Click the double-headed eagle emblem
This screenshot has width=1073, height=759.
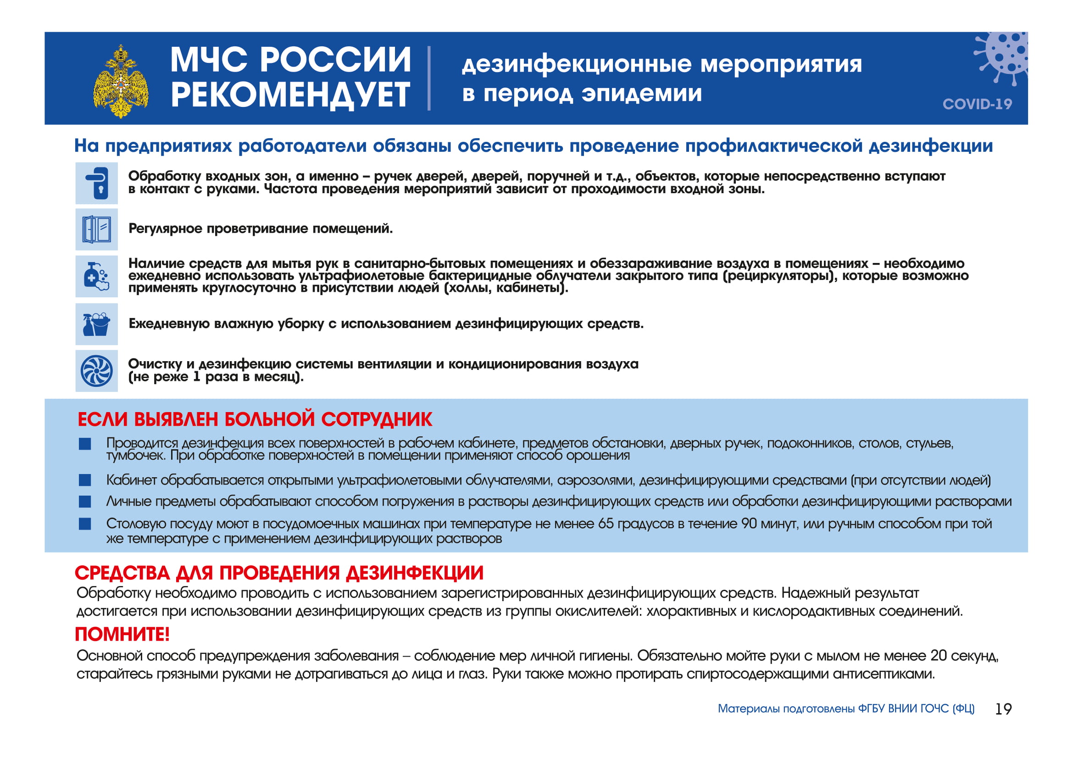[121, 81]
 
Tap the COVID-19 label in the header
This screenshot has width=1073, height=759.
[977, 104]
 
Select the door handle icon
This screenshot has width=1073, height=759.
[97, 183]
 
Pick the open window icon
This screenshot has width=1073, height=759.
[97, 229]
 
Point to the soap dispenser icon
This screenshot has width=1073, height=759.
[97, 276]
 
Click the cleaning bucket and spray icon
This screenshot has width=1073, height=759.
[97, 324]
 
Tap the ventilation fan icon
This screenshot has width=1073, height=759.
[97, 371]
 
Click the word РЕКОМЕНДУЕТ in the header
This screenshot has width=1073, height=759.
[290, 95]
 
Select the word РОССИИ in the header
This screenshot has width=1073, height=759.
[335, 60]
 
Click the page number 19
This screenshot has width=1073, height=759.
[1003, 709]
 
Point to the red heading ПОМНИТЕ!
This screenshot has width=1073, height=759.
[122, 634]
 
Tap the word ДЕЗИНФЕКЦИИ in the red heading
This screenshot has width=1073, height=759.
[415, 573]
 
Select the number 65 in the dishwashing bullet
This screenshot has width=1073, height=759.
[606, 524]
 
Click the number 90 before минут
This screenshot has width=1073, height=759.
[749, 524]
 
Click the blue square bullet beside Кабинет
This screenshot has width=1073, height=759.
[85, 480]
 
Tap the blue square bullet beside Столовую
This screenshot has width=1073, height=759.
[85, 524]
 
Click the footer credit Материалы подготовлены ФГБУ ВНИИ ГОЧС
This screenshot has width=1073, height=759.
[846, 709]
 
